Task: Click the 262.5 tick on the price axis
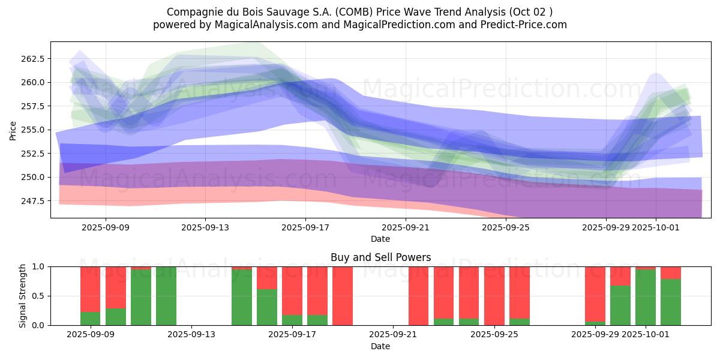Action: point(33,59)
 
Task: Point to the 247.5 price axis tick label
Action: point(33,200)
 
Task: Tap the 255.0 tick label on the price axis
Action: point(33,130)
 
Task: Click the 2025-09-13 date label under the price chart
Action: point(205,227)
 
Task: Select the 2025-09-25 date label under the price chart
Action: point(506,227)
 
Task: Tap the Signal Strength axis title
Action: point(22,296)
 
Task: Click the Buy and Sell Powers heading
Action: point(380,257)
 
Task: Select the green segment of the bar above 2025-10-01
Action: point(646,297)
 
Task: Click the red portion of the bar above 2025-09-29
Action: point(595,294)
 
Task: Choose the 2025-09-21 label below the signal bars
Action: point(392,335)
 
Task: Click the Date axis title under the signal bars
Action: point(380,346)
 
